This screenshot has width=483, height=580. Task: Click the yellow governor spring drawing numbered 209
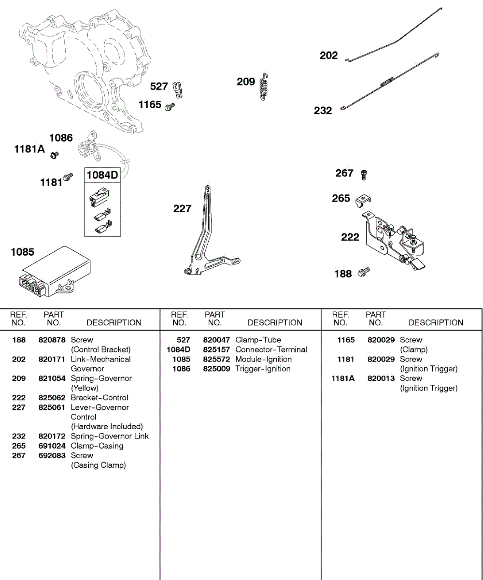pos(264,87)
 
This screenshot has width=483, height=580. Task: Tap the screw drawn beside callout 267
pos(364,174)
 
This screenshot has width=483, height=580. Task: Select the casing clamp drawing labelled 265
pos(363,199)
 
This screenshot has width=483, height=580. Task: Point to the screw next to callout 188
pos(363,272)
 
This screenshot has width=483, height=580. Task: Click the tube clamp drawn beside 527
pos(178,89)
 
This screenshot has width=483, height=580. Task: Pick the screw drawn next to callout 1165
pos(169,107)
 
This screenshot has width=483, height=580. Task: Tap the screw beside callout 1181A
pos(55,155)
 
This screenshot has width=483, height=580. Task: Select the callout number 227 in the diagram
pos(182,209)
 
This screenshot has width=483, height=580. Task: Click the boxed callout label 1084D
pos(102,175)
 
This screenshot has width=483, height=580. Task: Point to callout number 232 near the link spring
pos(323,111)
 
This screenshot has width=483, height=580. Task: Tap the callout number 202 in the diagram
pos(328,56)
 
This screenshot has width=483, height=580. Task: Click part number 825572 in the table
pos(216,359)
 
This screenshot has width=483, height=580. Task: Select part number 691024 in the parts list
pos(52,446)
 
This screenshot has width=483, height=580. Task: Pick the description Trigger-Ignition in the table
pos(263,369)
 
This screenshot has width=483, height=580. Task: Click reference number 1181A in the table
pos(342,378)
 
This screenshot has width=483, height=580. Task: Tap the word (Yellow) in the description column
pos(85,388)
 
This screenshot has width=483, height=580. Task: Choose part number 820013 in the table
pos(381,378)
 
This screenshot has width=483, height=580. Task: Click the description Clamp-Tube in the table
pos(258,340)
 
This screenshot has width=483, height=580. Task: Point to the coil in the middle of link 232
pos(387,82)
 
